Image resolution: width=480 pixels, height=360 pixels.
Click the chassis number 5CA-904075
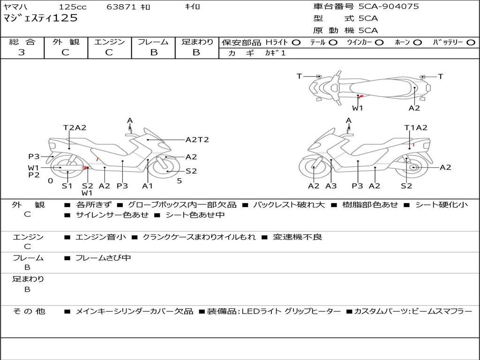(x=389, y=7)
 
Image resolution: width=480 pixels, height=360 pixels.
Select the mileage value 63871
(x=121, y=7)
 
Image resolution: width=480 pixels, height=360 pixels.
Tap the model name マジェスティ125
(x=40, y=18)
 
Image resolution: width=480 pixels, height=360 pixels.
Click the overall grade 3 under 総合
(x=22, y=52)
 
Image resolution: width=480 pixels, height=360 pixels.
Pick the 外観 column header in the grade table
(x=66, y=42)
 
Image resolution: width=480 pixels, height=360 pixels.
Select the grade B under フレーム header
(x=154, y=52)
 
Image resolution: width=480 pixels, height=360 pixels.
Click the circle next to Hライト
(x=296, y=43)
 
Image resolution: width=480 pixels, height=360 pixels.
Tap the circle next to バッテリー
(x=471, y=43)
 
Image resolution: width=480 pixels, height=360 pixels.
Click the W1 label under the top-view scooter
(x=357, y=108)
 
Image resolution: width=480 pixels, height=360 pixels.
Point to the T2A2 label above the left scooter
(x=75, y=127)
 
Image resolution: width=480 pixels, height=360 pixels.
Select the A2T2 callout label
(x=197, y=140)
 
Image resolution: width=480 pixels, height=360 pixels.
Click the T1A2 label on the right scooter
(x=416, y=127)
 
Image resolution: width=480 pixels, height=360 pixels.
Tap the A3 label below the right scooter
(x=331, y=186)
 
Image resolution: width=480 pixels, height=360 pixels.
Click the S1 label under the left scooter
(x=67, y=186)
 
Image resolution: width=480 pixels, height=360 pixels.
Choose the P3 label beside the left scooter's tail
(x=34, y=157)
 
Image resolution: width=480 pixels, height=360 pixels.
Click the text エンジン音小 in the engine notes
(x=100, y=237)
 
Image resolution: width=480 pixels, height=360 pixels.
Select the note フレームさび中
(x=103, y=258)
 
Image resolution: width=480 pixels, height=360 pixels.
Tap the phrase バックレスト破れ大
(x=289, y=204)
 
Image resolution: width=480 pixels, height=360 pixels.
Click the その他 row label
(x=29, y=311)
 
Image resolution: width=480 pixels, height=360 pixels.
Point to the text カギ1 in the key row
(x=275, y=53)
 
